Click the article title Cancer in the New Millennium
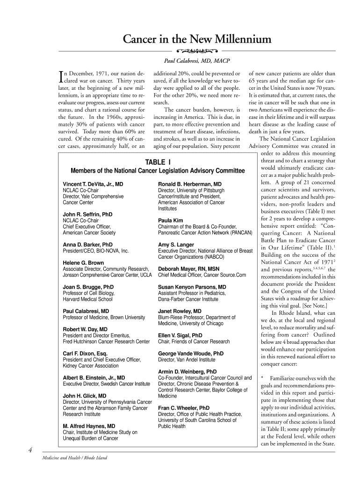pos(196,39)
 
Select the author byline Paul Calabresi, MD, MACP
pos(196,61)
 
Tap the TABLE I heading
pos(157,162)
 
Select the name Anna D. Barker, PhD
pos(87,244)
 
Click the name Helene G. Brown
pos(83,263)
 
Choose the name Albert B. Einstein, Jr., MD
pos(94,377)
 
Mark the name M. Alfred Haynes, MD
pos(89,426)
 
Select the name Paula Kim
pos(170,220)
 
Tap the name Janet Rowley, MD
pos(180,311)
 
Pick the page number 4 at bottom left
pos(29,450)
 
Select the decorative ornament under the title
pos(196,50)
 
